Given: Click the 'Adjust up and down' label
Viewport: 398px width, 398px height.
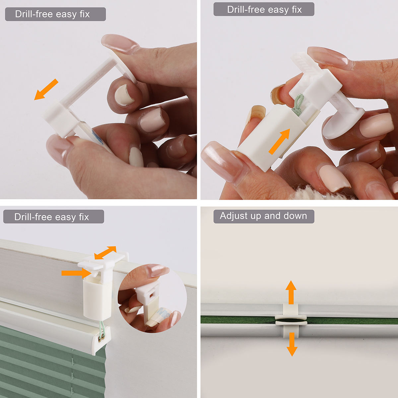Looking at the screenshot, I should click(264, 216).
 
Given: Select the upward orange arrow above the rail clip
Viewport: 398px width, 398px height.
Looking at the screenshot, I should click(291, 292).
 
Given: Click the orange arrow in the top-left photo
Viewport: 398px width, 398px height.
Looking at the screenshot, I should click(46, 89).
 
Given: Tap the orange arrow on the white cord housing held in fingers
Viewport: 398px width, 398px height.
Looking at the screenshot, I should click(279, 142).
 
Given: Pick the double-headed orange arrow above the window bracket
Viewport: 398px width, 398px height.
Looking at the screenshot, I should click(105, 252).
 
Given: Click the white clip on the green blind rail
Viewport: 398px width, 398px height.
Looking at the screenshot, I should click(291, 320).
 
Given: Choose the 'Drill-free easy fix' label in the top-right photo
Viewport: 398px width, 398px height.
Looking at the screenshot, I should click(264, 10).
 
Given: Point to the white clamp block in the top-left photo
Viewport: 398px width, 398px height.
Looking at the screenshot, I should click(59, 118).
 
